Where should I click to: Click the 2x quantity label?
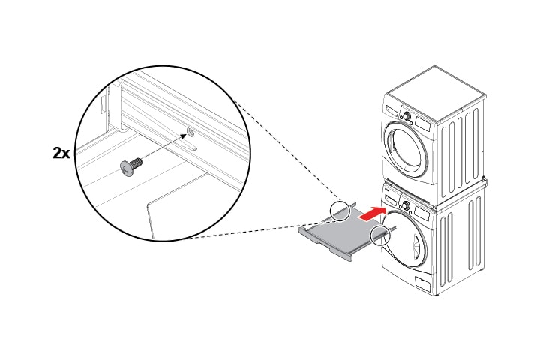pos(61,153)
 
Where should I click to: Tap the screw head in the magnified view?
pos(126,169)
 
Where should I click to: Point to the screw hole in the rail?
pos(190,131)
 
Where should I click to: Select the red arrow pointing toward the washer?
pos(372,214)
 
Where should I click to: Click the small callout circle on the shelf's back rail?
pos(340,211)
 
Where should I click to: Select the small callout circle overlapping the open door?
pos(379,235)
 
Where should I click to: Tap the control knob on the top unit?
pos(407,116)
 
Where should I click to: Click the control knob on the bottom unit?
pos(406,206)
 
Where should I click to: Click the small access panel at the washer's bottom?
pos(423,283)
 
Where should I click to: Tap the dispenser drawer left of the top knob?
pos(391,110)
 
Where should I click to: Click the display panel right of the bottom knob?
pos(422,214)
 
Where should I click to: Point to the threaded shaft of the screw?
pos(136,161)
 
